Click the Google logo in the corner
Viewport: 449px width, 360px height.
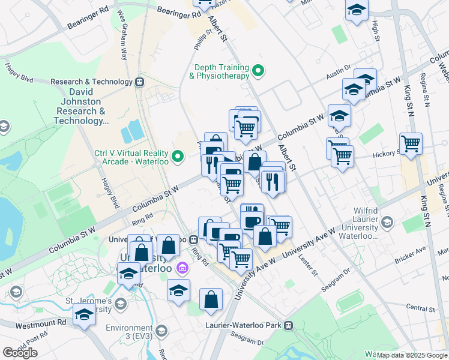(20, 353)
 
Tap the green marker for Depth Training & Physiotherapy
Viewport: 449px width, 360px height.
(259, 71)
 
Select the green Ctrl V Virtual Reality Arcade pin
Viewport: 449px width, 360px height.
(177, 157)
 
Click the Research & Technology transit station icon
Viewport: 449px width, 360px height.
(140, 82)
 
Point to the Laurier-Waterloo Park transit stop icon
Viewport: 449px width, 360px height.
(289, 326)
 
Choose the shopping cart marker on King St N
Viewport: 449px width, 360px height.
(411, 143)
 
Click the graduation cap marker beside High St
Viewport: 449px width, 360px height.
(357, 10)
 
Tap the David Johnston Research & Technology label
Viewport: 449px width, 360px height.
(80, 107)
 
